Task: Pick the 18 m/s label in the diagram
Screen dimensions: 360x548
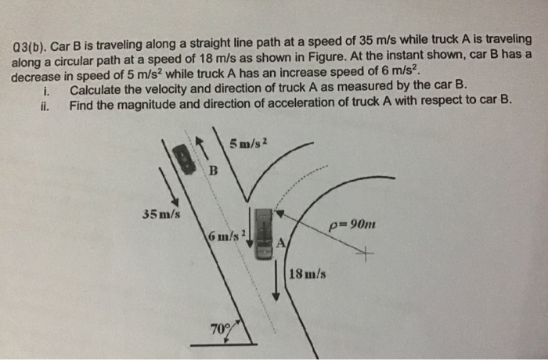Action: click(308, 274)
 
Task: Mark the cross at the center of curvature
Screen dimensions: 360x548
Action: click(365, 253)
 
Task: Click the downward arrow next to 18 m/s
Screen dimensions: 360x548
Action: click(278, 282)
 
